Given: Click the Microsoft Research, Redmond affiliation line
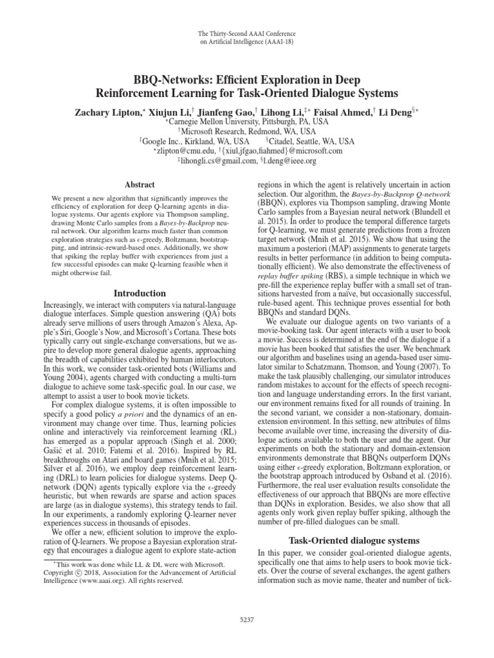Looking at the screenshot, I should click(x=247, y=130).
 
